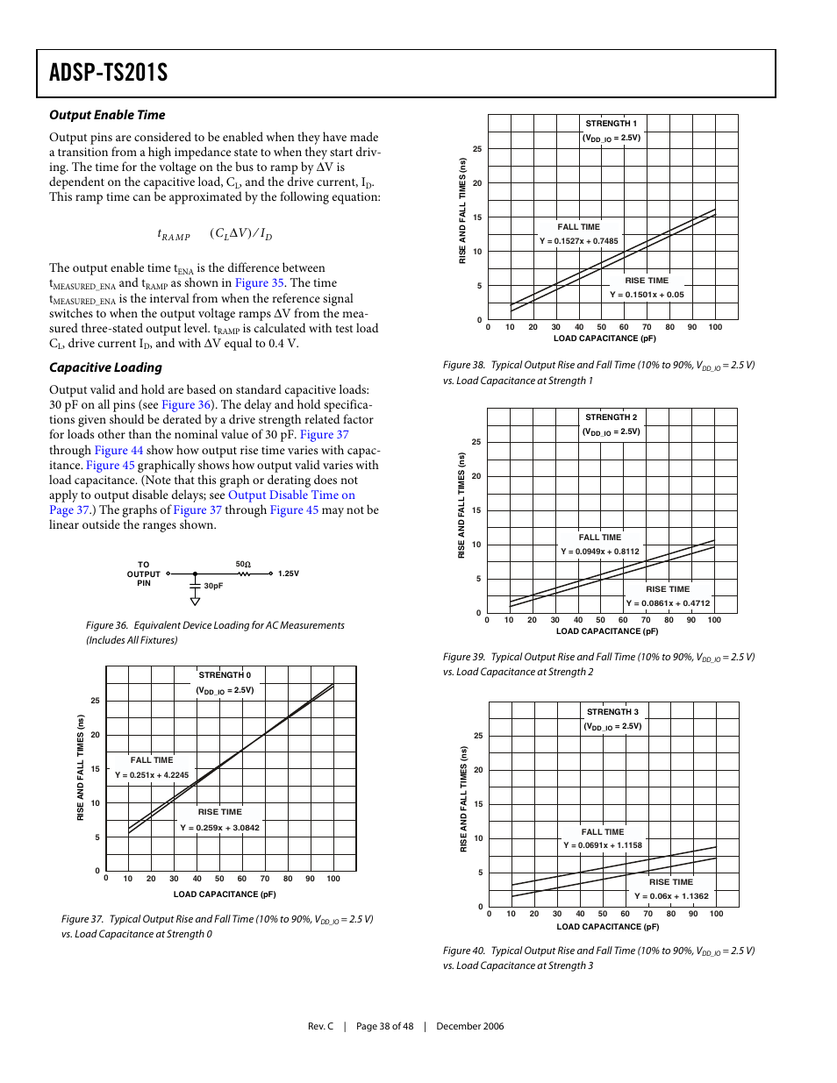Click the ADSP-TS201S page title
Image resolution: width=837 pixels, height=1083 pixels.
(x=108, y=73)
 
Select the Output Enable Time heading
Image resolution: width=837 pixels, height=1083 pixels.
(x=107, y=115)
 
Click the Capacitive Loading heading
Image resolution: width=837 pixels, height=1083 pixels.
(x=105, y=367)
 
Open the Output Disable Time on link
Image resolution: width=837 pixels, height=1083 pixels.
(x=291, y=495)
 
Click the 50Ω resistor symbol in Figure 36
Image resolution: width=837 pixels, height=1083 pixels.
(x=244, y=574)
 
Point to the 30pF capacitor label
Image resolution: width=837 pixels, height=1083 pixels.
(x=213, y=586)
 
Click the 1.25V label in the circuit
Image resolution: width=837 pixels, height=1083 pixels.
(x=289, y=574)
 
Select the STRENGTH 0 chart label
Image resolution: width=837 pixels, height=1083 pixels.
(x=225, y=675)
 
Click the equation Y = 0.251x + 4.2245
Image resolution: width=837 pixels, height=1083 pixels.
(x=152, y=775)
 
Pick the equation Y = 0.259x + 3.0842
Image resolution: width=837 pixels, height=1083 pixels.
(x=220, y=828)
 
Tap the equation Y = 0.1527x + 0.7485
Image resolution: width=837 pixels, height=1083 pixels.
(x=578, y=241)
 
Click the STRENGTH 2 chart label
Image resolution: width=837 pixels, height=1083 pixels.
(x=611, y=417)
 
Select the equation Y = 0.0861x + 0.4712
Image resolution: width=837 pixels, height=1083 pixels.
(x=668, y=603)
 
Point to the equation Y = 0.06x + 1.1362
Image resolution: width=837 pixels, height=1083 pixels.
(x=671, y=896)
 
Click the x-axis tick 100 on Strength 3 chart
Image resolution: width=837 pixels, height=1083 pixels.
(x=716, y=914)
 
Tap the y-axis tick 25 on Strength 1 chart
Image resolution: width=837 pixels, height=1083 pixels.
(x=477, y=149)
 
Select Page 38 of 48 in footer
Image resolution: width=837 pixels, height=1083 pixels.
(x=384, y=1026)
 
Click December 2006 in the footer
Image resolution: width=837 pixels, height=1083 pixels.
(x=469, y=1026)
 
